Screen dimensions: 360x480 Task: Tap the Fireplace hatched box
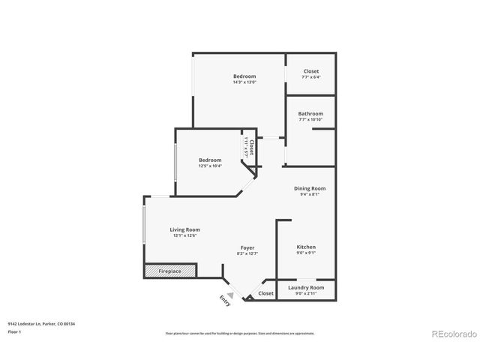(170, 271)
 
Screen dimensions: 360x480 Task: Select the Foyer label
(247, 247)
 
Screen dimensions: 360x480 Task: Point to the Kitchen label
(306, 247)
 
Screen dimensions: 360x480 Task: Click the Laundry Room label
(306, 287)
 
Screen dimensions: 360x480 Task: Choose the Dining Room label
(310, 188)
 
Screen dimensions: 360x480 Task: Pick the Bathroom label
(310, 114)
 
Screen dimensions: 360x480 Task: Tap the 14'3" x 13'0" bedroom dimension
(244, 82)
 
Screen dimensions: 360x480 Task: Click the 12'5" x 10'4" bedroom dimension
(210, 166)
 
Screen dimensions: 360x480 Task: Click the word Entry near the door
(224, 300)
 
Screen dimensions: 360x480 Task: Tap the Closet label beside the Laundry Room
(266, 293)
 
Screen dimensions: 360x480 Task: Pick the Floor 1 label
(15, 331)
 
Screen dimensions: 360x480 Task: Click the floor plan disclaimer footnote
(240, 332)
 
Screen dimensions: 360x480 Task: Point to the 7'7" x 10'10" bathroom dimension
(310, 120)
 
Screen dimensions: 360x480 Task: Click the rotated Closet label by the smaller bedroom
(252, 147)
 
